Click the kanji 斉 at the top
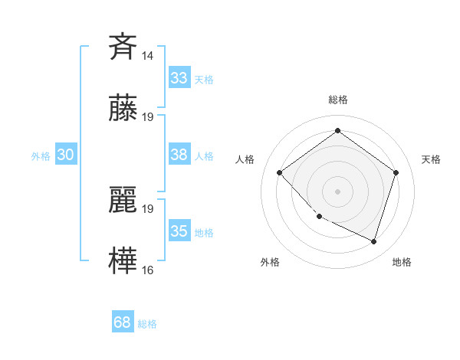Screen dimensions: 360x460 coord(123,46)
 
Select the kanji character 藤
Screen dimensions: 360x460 coord(123,110)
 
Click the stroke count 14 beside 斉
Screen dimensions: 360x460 coord(148,56)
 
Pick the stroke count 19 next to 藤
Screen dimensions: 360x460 coord(148,117)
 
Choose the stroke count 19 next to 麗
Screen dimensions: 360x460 coord(148,208)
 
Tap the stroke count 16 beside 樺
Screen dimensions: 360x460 coord(148,270)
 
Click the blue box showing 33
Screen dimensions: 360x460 coord(179,78)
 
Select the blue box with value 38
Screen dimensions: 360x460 coord(179,155)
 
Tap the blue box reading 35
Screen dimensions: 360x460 coord(179,231)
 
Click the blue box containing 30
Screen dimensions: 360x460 coord(65,155)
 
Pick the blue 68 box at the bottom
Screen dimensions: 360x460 coord(122,323)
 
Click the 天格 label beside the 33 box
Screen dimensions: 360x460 coord(204,80)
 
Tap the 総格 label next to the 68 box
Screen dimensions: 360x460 coord(147,325)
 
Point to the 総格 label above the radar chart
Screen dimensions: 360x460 coord(338,100)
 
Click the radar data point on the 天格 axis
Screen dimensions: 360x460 coord(396,172)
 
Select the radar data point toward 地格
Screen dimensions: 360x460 coord(373,241)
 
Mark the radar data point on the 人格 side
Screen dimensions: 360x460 coord(280,172)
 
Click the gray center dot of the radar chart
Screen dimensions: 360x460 coord(337,191)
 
